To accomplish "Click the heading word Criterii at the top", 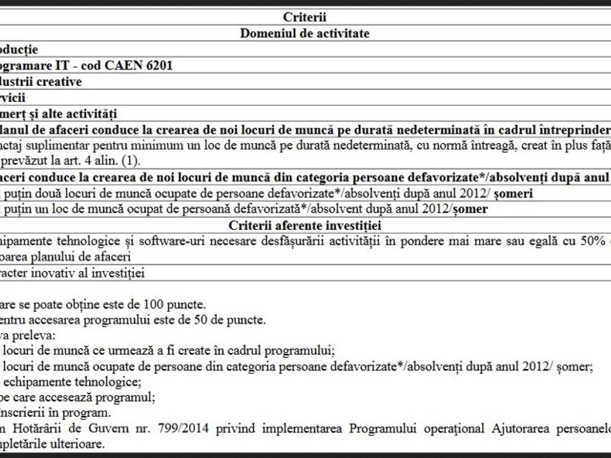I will click(304, 17).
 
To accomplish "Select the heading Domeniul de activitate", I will click(304, 34).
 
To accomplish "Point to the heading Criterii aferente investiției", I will click(304, 225).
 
